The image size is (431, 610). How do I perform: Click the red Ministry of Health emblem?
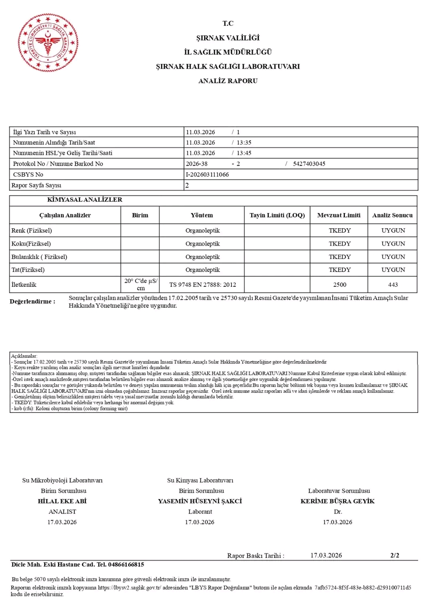(x=48, y=43)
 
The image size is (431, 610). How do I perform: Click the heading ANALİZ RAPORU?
(x=228, y=81)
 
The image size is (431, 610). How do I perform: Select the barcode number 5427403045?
(x=309, y=164)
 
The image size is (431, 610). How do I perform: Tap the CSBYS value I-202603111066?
(x=207, y=175)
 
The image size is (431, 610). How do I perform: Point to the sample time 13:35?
(x=244, y=143)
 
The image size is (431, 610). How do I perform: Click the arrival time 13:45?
(x=244, y=153)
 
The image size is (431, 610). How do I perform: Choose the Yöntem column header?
(x=202, y=215)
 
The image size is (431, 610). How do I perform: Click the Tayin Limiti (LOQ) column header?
(x=277, y=215)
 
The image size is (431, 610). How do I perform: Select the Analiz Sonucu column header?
(x=392, y=215)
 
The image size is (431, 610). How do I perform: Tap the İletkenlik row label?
(x=24, y=285)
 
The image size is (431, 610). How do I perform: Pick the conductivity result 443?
(x=393, y=285)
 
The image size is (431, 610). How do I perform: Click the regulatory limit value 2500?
(x=340, y=285)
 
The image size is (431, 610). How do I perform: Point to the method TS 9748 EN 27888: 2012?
(x=202, y=285)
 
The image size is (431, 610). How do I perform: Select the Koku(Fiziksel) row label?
(x=31, y=244)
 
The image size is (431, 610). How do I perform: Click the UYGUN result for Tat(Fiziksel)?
(x=393, y=270)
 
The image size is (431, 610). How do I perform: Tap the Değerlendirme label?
(x=32, y=302)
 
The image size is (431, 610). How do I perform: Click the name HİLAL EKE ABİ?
(x=62, y=501)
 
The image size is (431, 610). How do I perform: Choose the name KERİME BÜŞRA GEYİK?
(x=338, y=501)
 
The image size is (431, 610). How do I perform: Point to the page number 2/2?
(x=395, y=555)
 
